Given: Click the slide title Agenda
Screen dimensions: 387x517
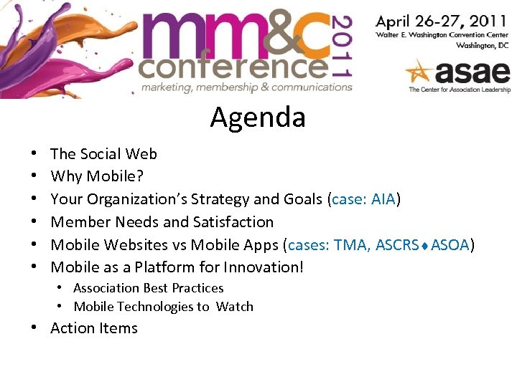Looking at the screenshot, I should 258,117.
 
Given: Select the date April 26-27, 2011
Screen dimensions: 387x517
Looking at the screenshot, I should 442,21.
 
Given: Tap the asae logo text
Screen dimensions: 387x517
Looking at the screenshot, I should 470,72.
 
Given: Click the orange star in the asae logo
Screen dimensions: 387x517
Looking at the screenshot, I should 419,73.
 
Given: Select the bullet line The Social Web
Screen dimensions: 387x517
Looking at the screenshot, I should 103,153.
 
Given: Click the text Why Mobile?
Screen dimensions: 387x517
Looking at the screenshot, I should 96,176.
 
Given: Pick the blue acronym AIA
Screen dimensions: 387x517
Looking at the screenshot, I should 383,199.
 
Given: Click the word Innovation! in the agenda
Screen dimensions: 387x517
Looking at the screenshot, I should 264,267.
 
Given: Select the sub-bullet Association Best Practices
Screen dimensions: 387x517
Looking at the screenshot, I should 148,288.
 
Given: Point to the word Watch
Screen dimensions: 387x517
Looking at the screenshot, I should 235,307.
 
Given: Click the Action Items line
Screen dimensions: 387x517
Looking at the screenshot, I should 93,328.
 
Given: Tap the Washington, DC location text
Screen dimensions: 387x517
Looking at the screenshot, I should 483,45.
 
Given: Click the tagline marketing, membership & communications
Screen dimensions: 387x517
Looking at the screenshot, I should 246,87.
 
